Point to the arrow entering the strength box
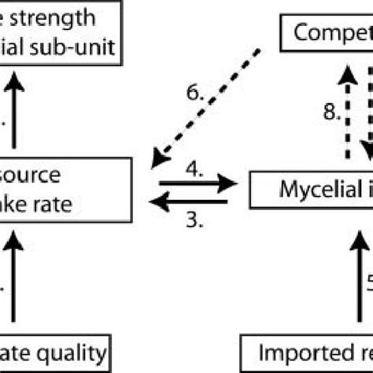coord(14,106)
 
